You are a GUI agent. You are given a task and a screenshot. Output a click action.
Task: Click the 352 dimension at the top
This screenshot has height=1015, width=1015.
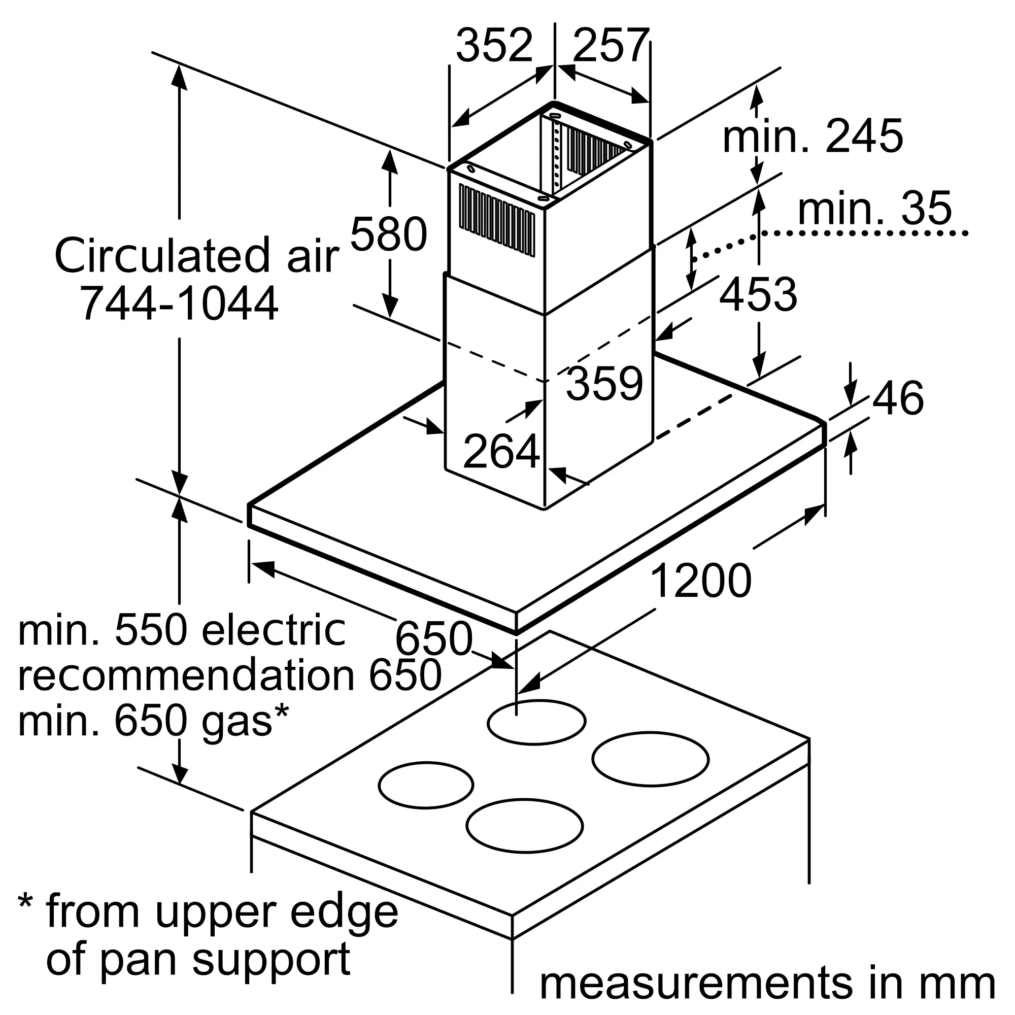pos(494,45)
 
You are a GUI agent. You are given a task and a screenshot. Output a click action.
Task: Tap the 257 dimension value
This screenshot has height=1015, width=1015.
pos(611,45)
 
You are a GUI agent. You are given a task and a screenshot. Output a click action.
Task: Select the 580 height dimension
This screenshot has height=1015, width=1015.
pos(388,234)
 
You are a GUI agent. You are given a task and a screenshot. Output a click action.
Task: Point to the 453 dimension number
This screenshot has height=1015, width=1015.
pos(758,294)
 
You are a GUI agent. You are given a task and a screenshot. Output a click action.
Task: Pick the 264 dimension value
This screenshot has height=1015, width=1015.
pos(501,451)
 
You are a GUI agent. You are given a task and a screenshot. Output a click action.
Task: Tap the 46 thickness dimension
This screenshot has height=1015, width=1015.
pos(898,398)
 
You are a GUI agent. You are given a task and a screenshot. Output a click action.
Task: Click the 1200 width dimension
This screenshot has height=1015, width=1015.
pos(701,581)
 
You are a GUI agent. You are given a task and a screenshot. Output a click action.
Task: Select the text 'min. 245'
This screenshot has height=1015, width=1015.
pos(813,136)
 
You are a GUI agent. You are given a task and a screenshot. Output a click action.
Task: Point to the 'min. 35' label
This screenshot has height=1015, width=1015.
pos(875,208)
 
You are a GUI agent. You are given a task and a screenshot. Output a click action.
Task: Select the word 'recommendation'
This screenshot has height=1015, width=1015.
pos(186,675)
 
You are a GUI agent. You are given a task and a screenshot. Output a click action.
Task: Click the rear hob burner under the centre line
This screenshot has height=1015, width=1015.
pos(536,722)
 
